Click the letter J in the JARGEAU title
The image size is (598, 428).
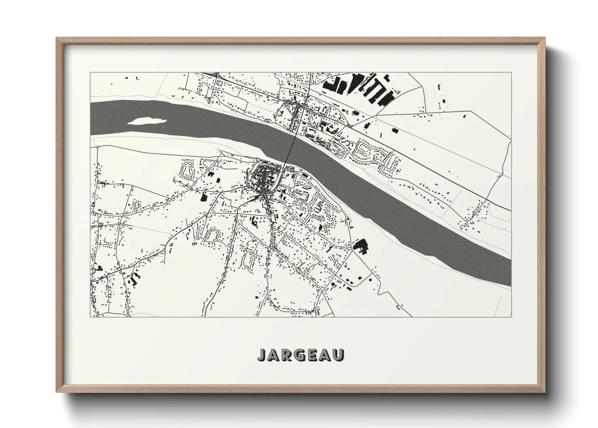click(262, 355)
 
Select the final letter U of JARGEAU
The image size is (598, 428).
click(339, 355)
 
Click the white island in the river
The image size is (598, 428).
click(146, 121)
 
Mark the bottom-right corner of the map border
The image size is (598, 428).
click(511, 316)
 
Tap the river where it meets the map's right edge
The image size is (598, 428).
click(510, 265)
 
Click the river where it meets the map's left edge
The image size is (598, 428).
click(91, 117)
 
